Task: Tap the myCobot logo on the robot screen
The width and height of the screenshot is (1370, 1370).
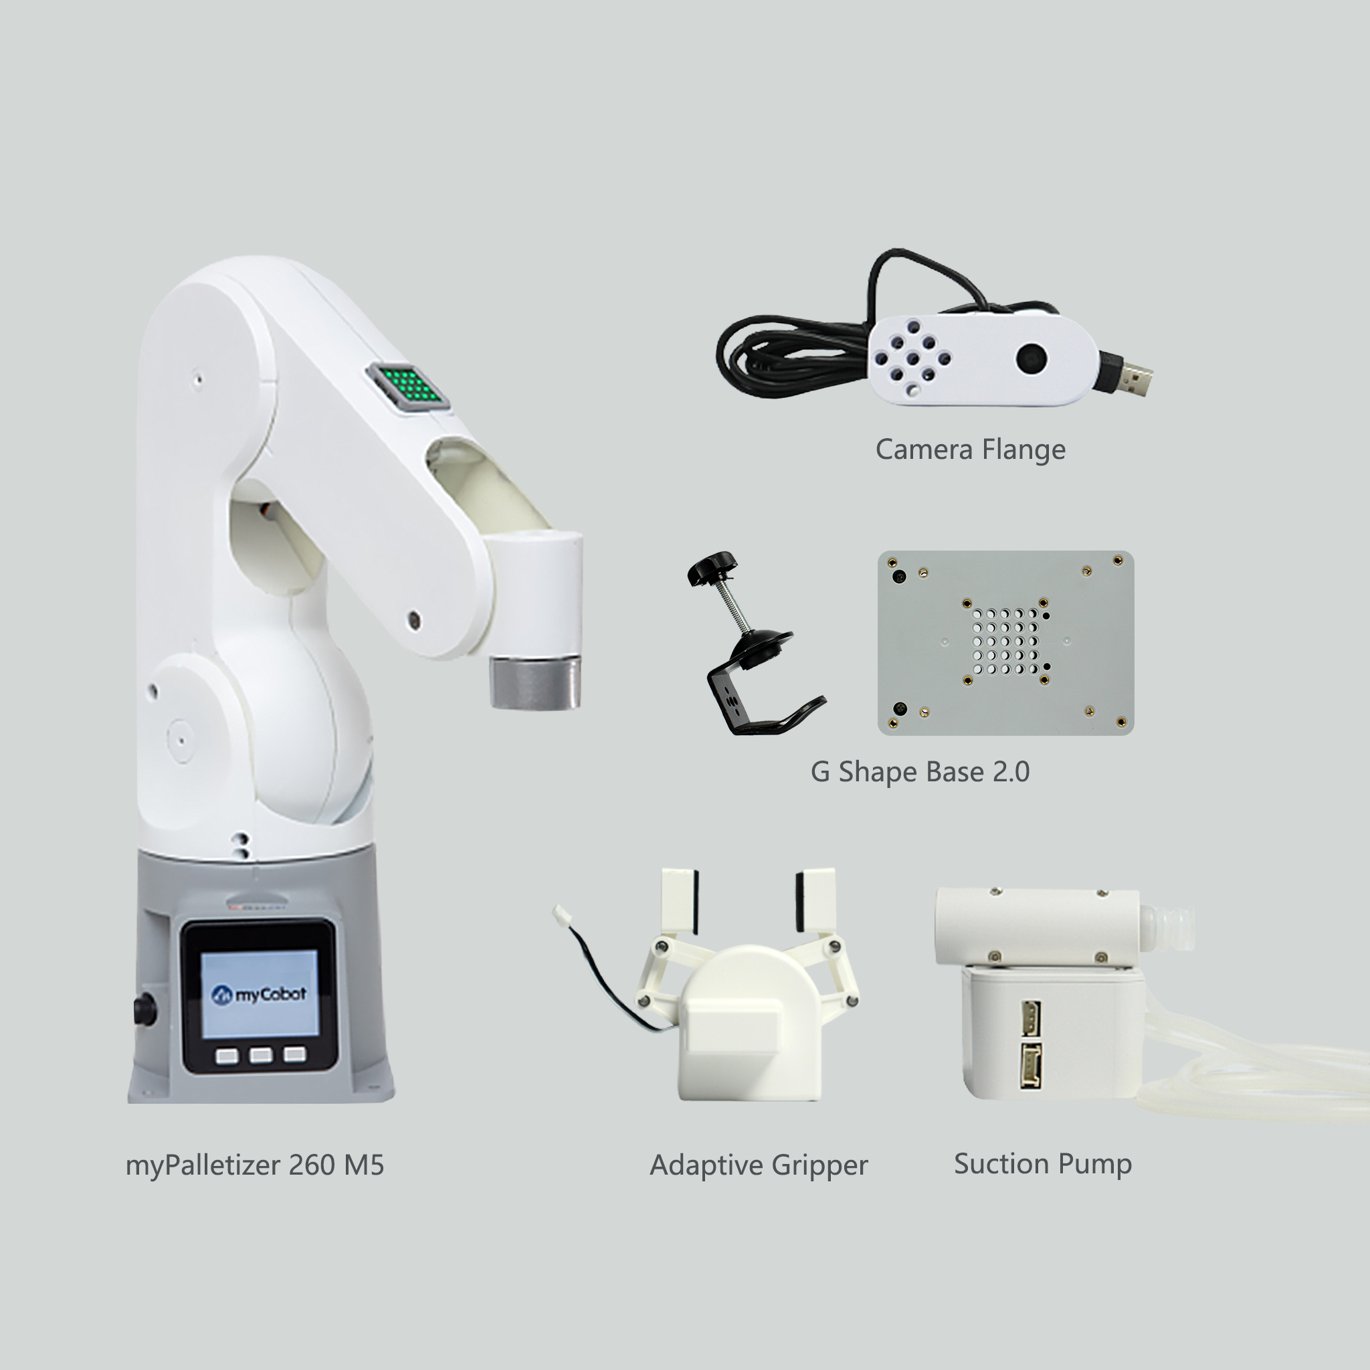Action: tap(260, 995)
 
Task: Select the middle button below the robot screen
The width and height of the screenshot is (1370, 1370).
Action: tap(260, 1056)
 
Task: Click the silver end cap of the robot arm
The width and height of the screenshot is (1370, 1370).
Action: tap(534, 682)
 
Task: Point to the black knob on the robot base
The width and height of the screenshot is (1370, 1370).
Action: tap(144, 1008)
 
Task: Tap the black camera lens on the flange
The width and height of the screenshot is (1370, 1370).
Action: tap(1030, 358)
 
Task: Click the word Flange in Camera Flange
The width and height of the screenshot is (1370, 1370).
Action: tap(1023, 450)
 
